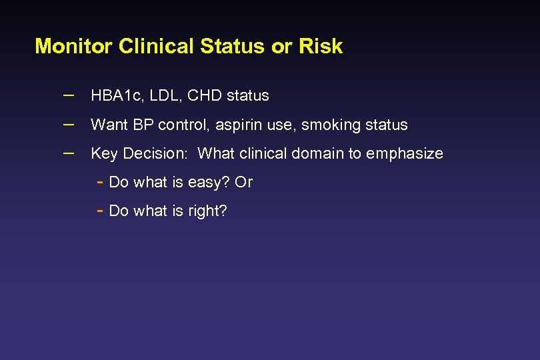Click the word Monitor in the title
point(74,46)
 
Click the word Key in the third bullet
point(103,154)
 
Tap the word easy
point(208,183)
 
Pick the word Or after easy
point(244,182)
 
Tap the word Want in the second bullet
point(108,125)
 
